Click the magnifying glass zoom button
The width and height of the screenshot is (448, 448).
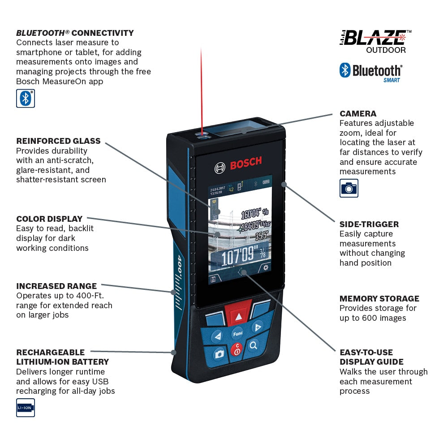click(254, 345)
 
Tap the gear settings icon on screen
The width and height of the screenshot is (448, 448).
click(266, 267)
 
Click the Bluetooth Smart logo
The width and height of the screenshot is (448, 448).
click(371, 72)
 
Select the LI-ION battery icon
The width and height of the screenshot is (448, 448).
click(26, 408)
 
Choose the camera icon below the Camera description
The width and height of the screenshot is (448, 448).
click(349, 188)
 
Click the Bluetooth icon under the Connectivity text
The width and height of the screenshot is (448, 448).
click(26, 99)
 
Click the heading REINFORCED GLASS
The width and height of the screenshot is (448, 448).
click(58, 141)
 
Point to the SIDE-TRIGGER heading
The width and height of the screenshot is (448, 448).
click(369, 224)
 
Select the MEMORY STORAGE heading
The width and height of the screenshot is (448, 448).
click(379, 298)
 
